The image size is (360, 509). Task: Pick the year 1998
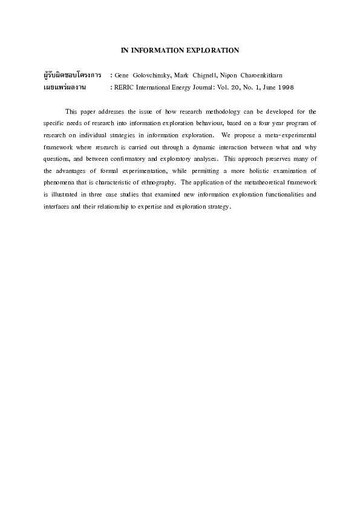(x=283, y=87)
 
